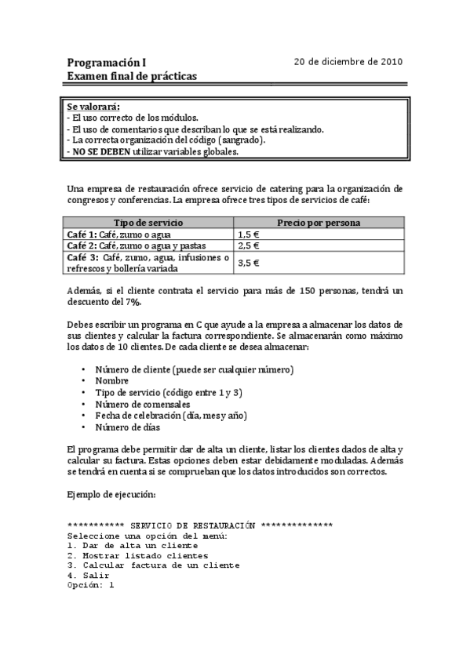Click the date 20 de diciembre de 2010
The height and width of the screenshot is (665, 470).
(x=348, y=61)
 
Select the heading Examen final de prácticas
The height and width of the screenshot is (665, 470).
(x=132, y=76)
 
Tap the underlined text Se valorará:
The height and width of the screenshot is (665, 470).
(x=93, y=106)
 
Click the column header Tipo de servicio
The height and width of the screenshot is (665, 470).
(x=149, y=223)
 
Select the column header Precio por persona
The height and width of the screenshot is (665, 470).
(x=319, y=223)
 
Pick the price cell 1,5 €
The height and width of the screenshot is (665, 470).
(x=249, y=234)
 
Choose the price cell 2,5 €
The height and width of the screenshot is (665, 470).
(x=249, y=245)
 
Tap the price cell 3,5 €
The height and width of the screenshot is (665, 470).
(x=249, y=263)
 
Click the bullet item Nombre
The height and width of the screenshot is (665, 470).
(x=111, y=380)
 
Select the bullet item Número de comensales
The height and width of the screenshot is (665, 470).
(x=143, y=404)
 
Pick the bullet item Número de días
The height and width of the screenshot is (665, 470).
(x=127, y=427)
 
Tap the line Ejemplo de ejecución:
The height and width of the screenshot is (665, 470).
(x=111, y=495)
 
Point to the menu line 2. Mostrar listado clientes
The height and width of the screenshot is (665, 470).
(x=137, y=555)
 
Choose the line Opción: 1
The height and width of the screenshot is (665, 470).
(x=91, y=585)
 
